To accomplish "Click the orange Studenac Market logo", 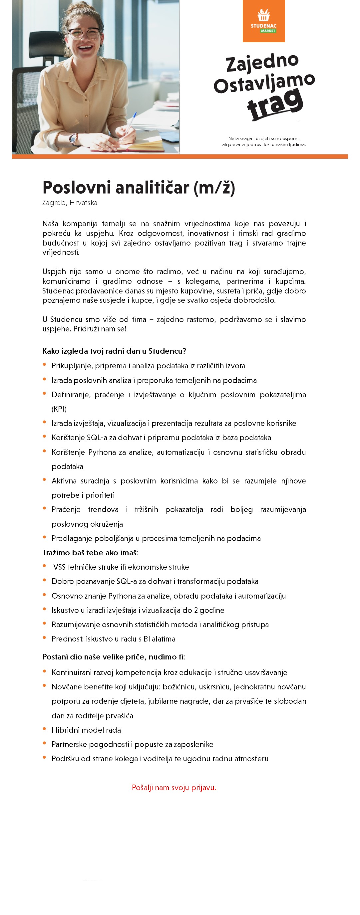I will pyautogui.click(x=264, y=21).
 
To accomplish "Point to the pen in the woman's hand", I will pyautogui.click(x=130, y=122).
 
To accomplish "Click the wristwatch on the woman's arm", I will pyautogui.click(x=74, y=139).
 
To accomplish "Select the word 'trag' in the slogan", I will pyautogui.click(x=275, y=103).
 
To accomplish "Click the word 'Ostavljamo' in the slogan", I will pyautogui.click(x=264, y=83).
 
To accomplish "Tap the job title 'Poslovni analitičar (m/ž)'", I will pyautogui.click(x=139, y=187).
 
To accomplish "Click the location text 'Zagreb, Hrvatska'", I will pyautogui.click(x=70, y=203).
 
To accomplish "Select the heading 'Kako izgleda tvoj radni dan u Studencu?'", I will pyautogui.click(x=114, y=351).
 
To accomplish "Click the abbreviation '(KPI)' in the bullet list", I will pyautogui.click(x=59, y=409).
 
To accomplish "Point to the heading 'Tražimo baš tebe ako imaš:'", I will pyautogui.click(x=90, y=553).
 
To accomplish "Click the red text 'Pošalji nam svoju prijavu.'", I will pyautogui.click(x=174, y=788).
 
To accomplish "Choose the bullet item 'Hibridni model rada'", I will pyautogui.click(x=86, y=730).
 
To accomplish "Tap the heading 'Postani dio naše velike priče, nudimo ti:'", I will pyautogui.click(x=114, y=657).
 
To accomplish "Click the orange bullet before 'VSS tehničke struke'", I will pyautogui.click(x=44, y=566).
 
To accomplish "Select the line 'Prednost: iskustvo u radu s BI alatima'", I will pyautogui.click(x=113, y=639).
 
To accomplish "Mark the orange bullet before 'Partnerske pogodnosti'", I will pyautogui.click(x=44, y=743).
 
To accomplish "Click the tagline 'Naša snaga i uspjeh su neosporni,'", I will pyautogui.click(x=264, y=138).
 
